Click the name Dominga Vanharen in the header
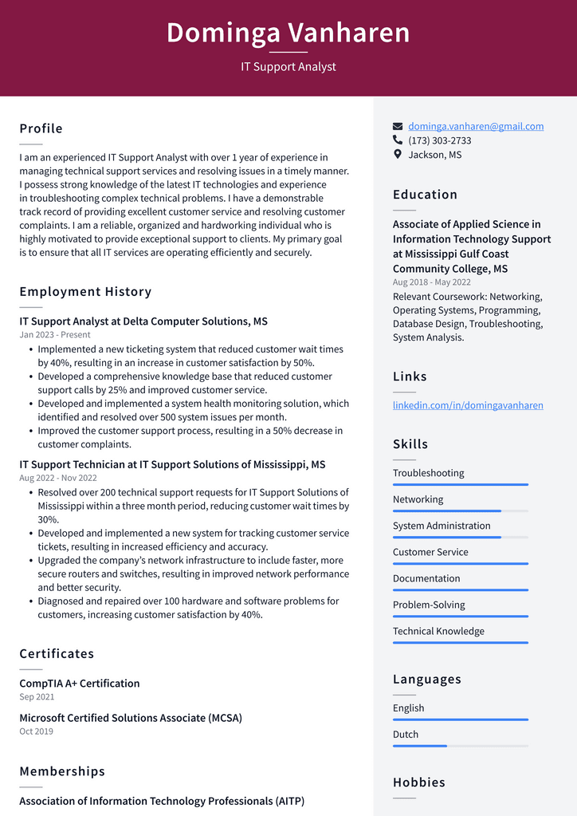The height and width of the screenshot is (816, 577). pos(288,33)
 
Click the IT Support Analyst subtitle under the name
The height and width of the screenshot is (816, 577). pos(288,66)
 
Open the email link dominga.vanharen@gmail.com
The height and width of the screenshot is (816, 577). pos(476,126)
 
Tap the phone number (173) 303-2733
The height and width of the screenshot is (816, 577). pos(439,140)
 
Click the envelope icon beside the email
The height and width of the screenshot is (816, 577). pos(398,126)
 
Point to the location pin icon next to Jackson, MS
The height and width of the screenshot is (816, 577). pos(398,155)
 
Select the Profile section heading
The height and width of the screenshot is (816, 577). pos(41,128)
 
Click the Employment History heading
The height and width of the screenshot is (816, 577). pos(85,292)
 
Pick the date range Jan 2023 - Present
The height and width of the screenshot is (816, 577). pos(55,335)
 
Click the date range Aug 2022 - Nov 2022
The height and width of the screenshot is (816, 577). pos(58,478)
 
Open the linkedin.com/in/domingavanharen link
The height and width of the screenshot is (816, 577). pos(468,405)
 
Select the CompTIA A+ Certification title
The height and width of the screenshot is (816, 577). pos(80,684)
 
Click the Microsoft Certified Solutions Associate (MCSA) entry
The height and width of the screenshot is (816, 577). pos(131,718)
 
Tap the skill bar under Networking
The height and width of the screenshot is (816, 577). pos(460,510)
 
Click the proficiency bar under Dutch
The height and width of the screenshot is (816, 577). pos(460,746)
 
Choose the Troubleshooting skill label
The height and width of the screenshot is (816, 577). pos(428,473)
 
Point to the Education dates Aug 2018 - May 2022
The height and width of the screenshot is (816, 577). pos(431,282)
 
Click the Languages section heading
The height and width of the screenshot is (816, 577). pos(426,680)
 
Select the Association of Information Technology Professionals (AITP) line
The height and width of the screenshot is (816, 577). pos(162,801)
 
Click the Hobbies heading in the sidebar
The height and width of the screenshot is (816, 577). pos(418,782)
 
